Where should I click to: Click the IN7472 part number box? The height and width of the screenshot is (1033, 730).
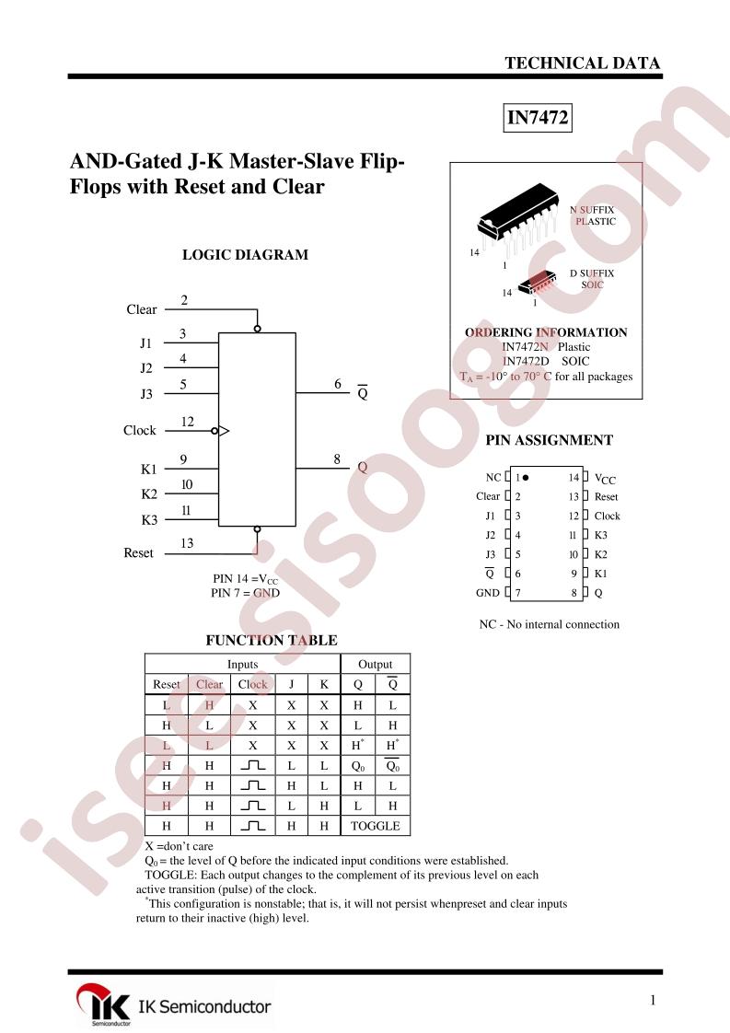(x=537, y=118)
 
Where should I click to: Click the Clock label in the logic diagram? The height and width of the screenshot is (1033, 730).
(x=140, y=430)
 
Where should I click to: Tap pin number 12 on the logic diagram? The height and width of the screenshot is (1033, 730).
(x=188, y=422)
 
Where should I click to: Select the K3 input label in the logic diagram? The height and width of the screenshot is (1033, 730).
(x=149, y=520)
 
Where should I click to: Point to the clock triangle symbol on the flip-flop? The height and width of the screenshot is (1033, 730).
(x=224, y=431)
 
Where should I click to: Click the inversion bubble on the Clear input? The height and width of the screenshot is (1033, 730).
(x=258, y=328)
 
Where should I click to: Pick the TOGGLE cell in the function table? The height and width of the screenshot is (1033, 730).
(x=376, y=826)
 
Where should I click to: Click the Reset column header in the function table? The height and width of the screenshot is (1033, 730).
(x=166, y=684)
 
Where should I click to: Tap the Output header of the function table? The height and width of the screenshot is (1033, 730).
(x=375, y=664)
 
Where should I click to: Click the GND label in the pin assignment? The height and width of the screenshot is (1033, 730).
(x=488, y=593)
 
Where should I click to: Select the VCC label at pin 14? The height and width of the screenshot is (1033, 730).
(x=605, y=479)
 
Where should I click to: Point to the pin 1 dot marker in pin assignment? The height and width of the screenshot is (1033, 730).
(x=525, y=478)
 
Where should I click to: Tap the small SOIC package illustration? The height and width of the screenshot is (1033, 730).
(x=537, y=284)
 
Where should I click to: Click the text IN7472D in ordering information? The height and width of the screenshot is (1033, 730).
(x=526, y=361)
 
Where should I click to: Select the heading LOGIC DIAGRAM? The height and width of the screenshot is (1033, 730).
(x=245, y=255)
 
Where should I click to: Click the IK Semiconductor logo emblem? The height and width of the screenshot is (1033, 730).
(x=103, y=1004)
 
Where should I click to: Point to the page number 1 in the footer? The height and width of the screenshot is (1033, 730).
(x=653, y=1000)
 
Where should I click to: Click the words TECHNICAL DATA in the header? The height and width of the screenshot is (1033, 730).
(x=583, y=64)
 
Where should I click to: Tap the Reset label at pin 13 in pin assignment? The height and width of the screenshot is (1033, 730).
(x=606, y=497)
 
